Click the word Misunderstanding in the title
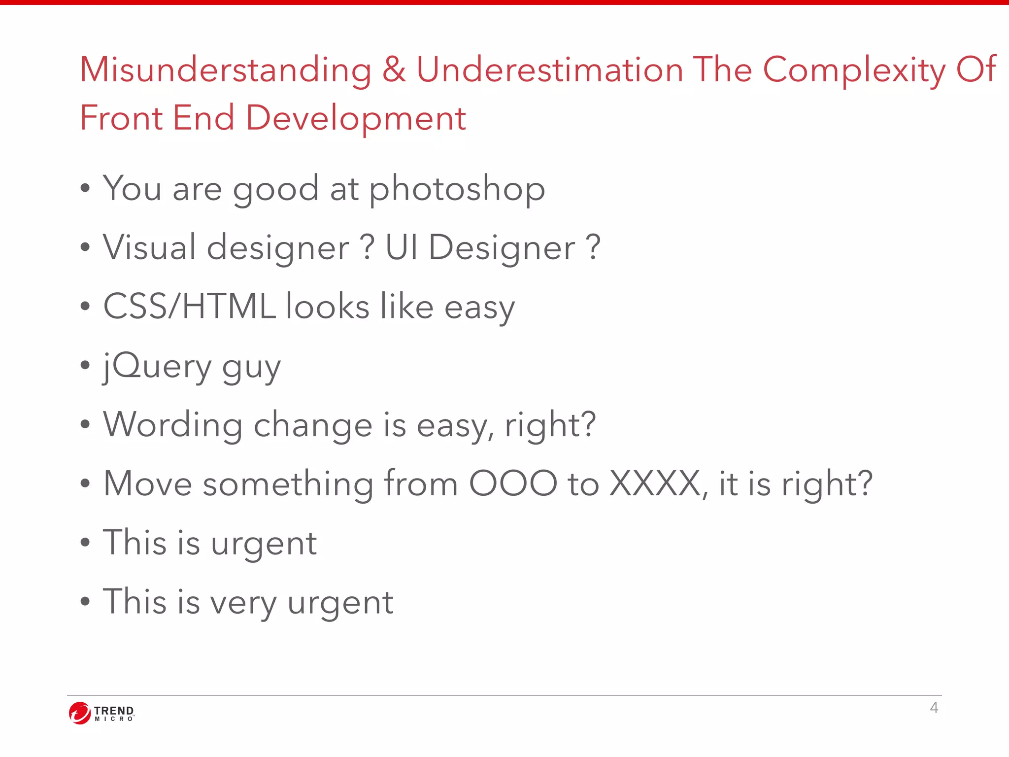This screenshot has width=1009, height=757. coord(226,70)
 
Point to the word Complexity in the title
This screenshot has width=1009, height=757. coord(854,70)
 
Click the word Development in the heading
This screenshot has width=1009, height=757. coord(355,119)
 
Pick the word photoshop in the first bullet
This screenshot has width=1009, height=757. coord(457,190)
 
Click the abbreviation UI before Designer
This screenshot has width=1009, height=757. coord(402,247)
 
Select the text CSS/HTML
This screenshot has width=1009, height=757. coord(189,306)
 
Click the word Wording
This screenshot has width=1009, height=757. coord(172,425)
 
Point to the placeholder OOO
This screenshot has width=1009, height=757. coord(512,483)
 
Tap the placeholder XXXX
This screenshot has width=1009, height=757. coord(655,483)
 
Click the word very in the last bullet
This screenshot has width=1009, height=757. coord(243,603)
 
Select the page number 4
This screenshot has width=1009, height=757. coord(934,708)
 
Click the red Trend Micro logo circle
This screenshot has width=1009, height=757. coord(79,713)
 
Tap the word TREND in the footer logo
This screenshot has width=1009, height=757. coord(114,710)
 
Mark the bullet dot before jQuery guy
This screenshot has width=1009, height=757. coord(85,365)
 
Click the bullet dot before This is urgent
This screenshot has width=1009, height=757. coord(85,543)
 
